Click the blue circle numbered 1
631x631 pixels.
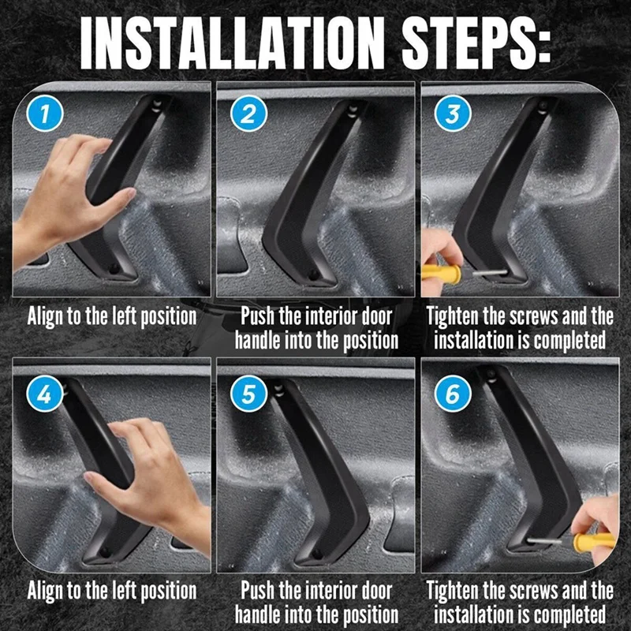tap(45, 113)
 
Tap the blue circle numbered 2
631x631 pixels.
tap(248, 113)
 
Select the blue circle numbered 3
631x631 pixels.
tap(453, 113)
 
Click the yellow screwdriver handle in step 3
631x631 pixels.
tap(441, 274)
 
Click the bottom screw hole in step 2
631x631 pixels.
tap(313, 274)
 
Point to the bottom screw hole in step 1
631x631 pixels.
tap(114, 269)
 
